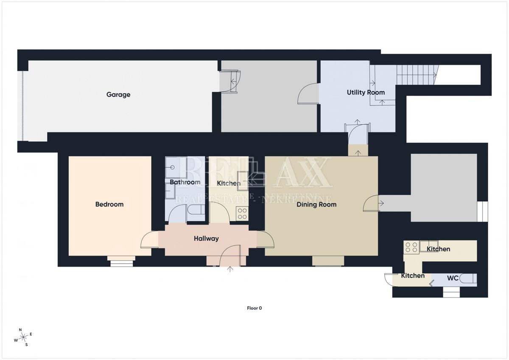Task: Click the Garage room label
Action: tap(118, 95)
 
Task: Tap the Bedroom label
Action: tap(109, 204)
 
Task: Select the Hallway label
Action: tap(206, 239)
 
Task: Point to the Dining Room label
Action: tap(316, 205)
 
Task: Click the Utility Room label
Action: tap(366, 92)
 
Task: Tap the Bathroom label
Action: tap(185, 182)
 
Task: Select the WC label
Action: tap(453, 278)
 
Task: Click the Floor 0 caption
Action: tap(254, 308)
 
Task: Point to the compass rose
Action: tap(23, 337)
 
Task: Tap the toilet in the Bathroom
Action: tap(196, 209)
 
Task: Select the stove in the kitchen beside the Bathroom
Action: tap(242, 214)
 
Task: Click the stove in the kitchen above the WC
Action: tap(411, 247)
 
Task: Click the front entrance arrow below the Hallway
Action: tap(230, 269)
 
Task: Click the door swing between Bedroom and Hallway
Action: tap(149, 239)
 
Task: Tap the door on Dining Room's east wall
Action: tap(371, 203)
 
